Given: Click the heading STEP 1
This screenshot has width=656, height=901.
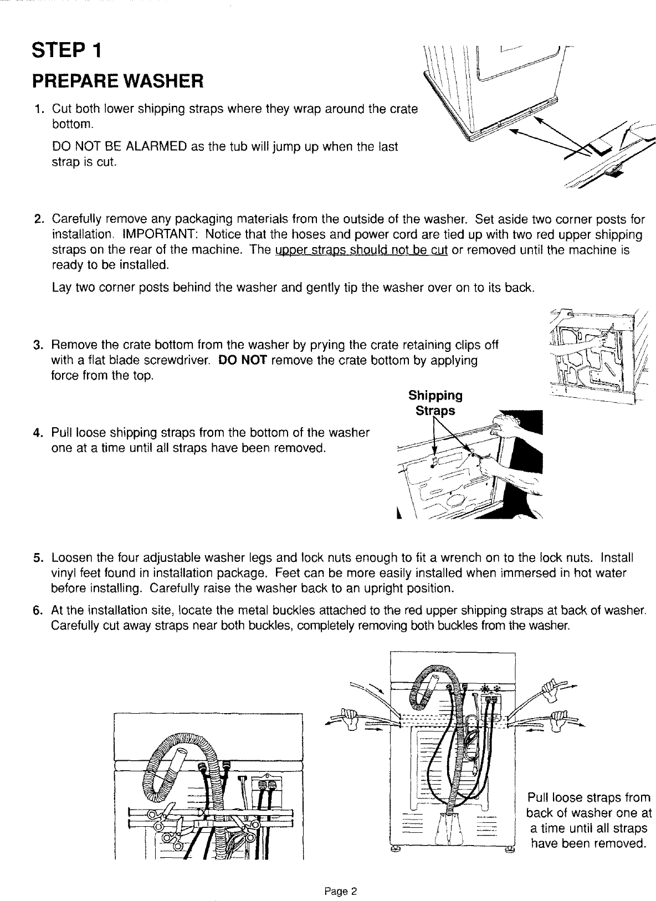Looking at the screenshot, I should (x=66, y=51).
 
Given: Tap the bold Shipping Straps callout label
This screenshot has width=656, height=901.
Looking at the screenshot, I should (x=435, y=403).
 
